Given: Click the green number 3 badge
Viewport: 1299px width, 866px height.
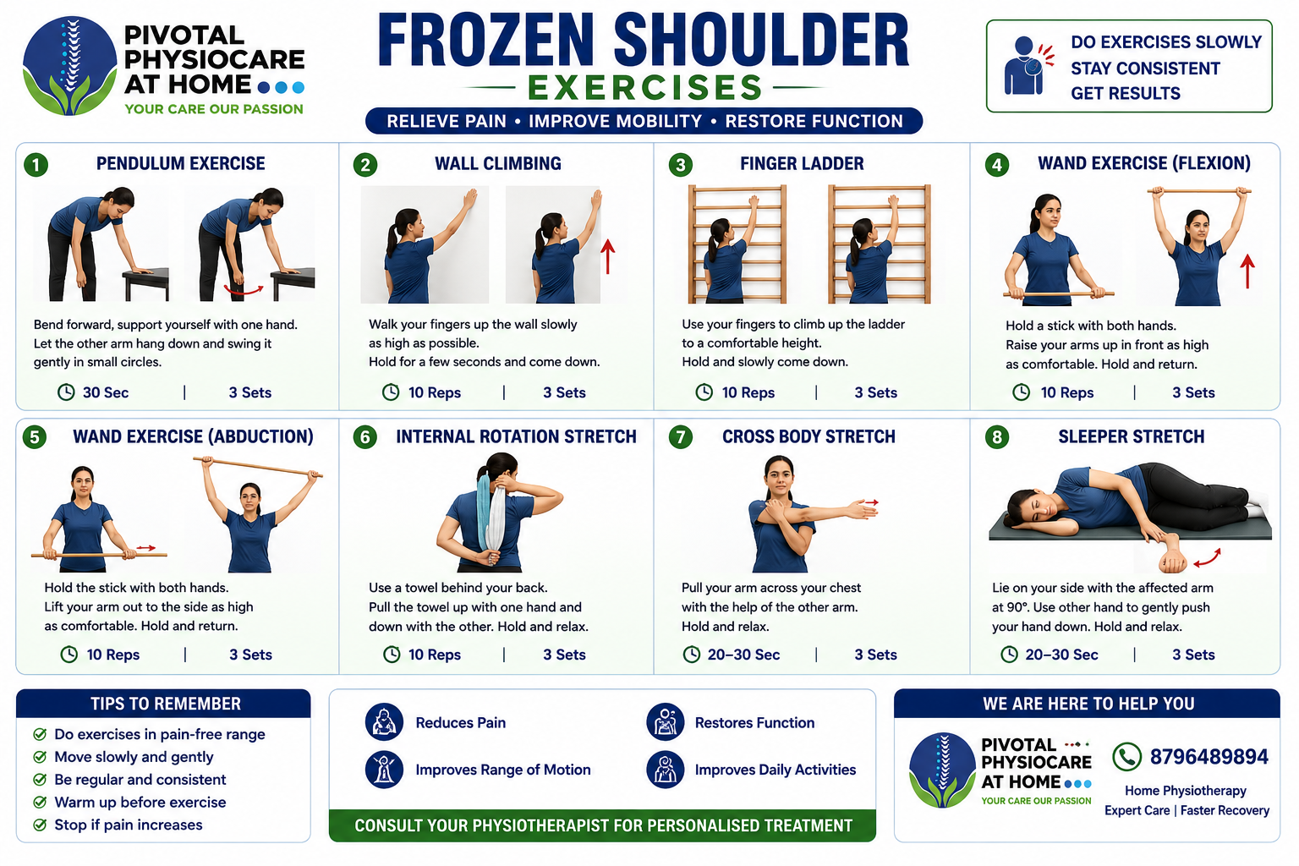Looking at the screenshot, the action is [x=680, y=165].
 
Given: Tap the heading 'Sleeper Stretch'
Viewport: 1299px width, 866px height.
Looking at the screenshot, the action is [x=1131, y=436].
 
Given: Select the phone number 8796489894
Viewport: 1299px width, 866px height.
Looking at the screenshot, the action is [x=1209, y=757].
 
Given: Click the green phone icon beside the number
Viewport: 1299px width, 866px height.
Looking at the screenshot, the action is [x=1126, y=757].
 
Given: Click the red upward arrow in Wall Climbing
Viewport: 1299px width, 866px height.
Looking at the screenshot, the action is [x=607, y=257].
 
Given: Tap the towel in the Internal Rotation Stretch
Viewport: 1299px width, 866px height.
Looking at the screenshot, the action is [x=491, y=516].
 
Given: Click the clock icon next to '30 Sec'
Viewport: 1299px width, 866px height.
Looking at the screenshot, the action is [x=66, y=392].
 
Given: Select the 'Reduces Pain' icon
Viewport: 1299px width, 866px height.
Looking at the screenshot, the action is [x=384, y=722].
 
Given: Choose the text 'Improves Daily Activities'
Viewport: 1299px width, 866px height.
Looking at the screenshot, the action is [x=776, y=770].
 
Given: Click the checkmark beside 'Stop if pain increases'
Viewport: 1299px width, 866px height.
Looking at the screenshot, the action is [x=40, y=825].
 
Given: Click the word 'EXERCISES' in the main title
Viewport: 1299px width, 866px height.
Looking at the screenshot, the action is [x=644, y=88].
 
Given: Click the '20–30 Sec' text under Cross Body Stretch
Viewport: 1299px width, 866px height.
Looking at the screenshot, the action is [x=743, y=655].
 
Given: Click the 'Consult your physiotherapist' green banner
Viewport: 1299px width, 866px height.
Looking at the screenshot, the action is [x=602, y=825].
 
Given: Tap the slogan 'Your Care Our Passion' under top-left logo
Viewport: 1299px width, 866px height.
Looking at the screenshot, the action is [x=214, y=109].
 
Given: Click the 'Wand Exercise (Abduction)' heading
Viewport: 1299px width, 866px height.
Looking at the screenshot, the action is [x=193, y=436].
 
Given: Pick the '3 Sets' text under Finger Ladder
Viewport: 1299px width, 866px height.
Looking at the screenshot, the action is [x=875, y=392].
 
